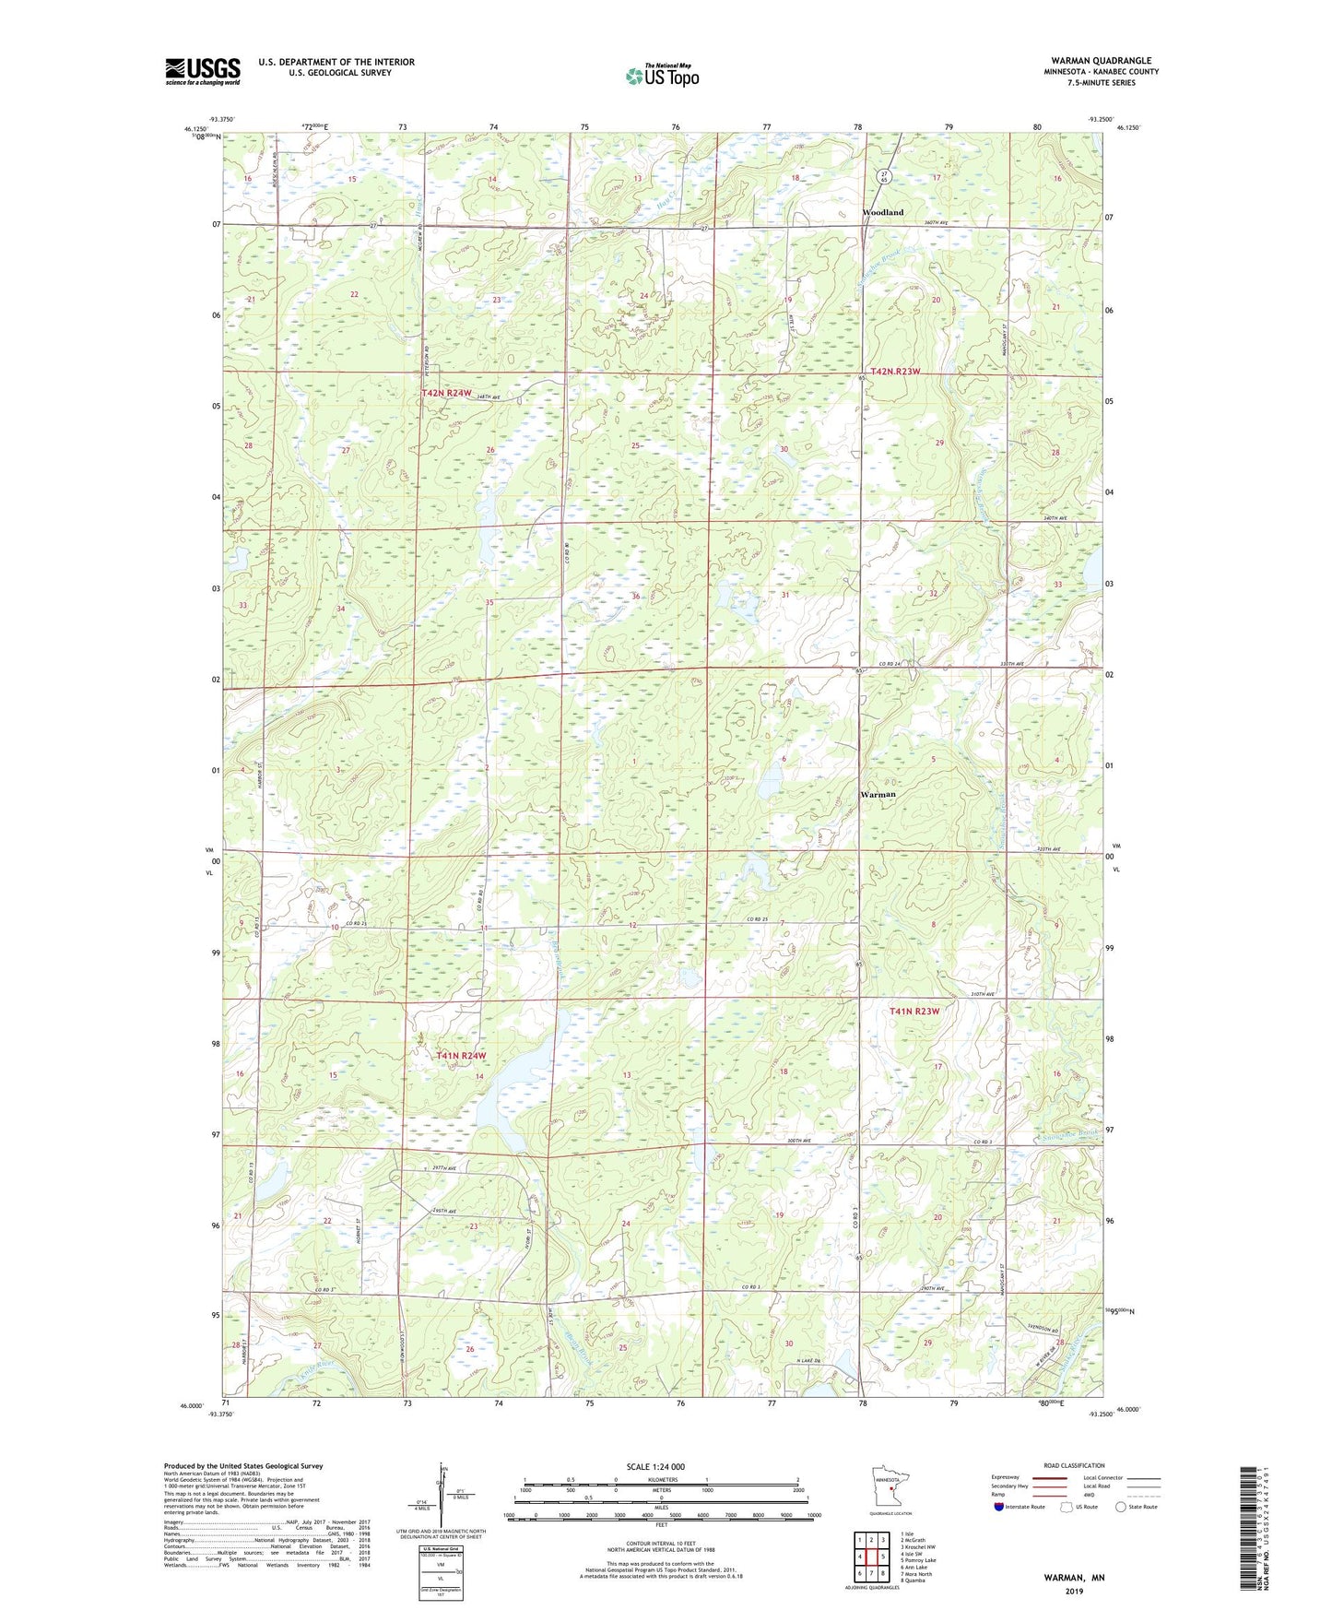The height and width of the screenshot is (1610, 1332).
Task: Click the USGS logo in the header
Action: [x=202, y=71]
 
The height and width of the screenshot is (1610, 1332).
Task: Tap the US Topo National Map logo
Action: [x=661, y=76]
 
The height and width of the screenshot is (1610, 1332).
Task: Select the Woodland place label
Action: [x=882, y=212]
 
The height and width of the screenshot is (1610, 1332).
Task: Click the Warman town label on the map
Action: [x=878, y=794]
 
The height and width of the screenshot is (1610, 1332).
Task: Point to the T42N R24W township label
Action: [x=446, y=393]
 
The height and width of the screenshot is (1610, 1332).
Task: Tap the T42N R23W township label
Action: [x=895, y=371]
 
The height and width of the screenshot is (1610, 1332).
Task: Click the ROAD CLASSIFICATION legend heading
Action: [x=1074, y=1465]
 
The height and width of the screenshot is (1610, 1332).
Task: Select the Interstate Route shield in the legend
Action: [x=999, y=1507]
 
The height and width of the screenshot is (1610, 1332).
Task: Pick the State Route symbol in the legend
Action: [x=1120, y=1507]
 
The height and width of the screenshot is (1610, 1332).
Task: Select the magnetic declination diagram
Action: [x=442, y=1494]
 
